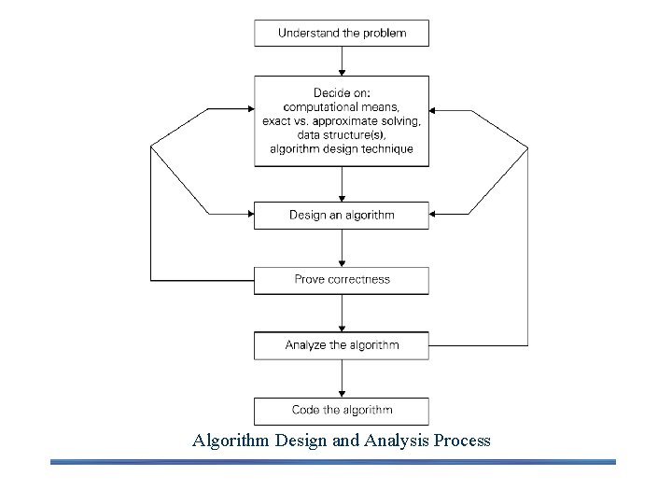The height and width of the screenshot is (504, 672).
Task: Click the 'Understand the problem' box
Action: pos(342,34)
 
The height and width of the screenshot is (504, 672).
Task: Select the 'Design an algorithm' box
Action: pos(342,215)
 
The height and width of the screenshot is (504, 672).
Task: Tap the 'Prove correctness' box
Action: pos(342,279)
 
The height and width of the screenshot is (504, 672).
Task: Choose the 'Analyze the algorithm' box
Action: pos(342,345)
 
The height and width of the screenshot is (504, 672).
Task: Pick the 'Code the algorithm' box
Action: pos(342,410)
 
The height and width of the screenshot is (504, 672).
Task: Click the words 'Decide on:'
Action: pos(342,93)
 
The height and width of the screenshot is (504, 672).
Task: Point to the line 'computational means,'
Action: pos(342,107)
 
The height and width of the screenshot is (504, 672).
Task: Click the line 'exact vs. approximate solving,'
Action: pos(342,121)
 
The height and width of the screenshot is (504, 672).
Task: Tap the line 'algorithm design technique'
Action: pos(342,149)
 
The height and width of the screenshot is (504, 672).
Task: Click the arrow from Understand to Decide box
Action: pos(343,61)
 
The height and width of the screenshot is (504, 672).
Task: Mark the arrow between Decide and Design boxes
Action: pos(343,184)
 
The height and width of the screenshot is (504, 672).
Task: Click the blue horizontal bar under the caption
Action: pos(333,461)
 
